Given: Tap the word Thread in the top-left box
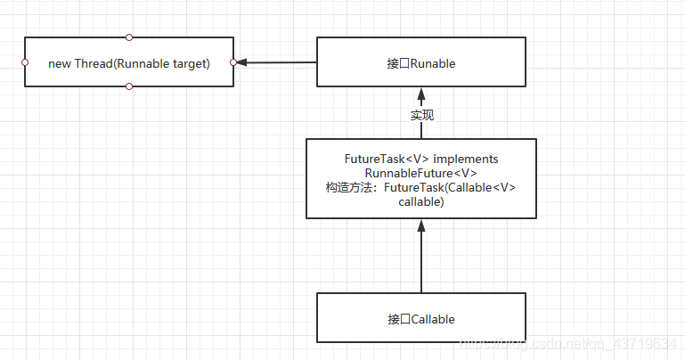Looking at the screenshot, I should point(91,62).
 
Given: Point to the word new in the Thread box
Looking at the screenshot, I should point(59,62).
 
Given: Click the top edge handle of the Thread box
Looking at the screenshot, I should point(129,37).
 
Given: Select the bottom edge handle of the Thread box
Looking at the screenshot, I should point(129,86).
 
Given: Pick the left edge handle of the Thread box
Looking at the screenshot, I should point(24,62).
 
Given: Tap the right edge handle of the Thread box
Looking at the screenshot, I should point(233,62).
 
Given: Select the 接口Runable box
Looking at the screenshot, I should point(421,62).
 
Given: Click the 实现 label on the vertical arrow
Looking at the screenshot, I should point(421,115).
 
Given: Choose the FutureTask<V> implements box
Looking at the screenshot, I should point(421,178).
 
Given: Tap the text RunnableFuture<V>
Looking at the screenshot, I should point(421,173).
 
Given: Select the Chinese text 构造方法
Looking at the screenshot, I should point(352,187).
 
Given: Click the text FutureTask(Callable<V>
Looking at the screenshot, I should point(451,187).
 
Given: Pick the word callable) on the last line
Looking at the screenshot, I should point(421,202).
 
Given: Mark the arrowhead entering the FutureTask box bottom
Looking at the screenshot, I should point(421,226).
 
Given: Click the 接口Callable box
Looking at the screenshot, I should point(421,318).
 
